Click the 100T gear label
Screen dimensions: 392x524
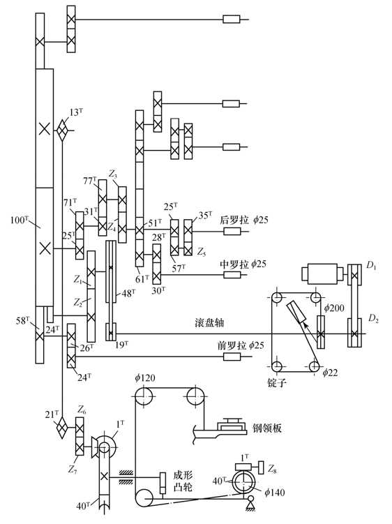pyautogui.click(x=19, y=220)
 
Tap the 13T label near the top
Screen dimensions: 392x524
pyautogui.click(x=76, y=112)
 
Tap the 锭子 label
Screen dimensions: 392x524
pyautogui.click(x=277, y=382)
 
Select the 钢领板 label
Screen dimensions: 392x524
pyautogui.click(x=267, y=428)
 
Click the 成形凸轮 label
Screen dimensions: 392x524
pyautogui.click(x=183, y=481)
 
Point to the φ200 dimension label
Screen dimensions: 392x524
pyautogui.click(x=334, y=308)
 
